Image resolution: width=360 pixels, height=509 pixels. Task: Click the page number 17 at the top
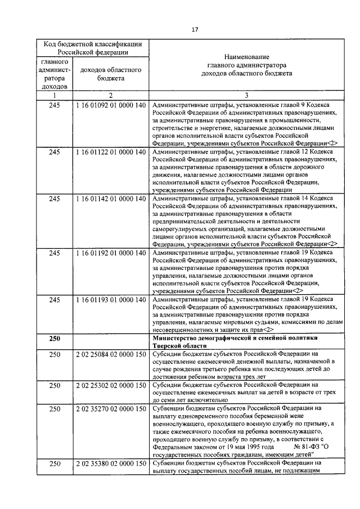pos(194,30)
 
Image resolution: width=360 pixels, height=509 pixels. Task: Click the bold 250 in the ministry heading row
pos(54,339)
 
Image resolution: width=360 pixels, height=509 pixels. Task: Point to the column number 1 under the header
pos(54,96)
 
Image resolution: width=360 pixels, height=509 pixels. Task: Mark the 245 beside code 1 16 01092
pos(54,105)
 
